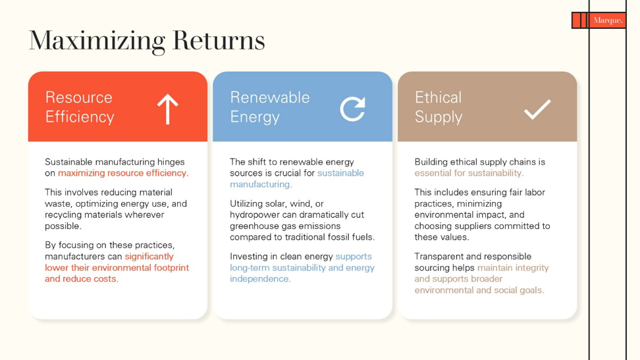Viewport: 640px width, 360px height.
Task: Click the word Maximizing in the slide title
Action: point(97,41)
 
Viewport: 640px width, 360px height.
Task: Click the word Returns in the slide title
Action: point(219,40)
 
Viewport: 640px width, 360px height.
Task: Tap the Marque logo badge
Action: point(599,20)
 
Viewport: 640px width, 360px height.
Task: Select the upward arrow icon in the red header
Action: point(168,109)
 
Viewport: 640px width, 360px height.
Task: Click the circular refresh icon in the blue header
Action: point(353,109)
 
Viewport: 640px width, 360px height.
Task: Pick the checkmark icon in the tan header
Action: point(537,109)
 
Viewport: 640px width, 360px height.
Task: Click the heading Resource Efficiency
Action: point(80,107)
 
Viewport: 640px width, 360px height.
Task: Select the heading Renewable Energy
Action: point(270,107)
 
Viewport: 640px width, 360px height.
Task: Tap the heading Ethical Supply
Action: point(439,107)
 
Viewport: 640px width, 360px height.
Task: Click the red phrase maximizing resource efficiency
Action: point(123,173)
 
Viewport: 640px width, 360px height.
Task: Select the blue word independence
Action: point(260,279)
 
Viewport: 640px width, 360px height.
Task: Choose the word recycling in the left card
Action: point(63,215)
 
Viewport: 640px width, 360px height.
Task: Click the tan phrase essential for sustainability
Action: point(469,173)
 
